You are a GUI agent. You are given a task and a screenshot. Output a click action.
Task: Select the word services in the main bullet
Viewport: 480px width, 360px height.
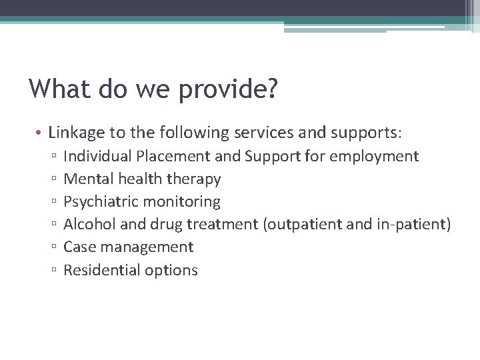tap(259, 133)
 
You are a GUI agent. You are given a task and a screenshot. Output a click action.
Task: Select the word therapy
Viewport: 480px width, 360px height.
tap(195, 179)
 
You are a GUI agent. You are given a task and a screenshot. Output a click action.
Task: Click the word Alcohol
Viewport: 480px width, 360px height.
tap(89, 224)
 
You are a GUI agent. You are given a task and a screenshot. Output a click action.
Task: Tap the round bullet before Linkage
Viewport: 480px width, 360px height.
tap(40, 133)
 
